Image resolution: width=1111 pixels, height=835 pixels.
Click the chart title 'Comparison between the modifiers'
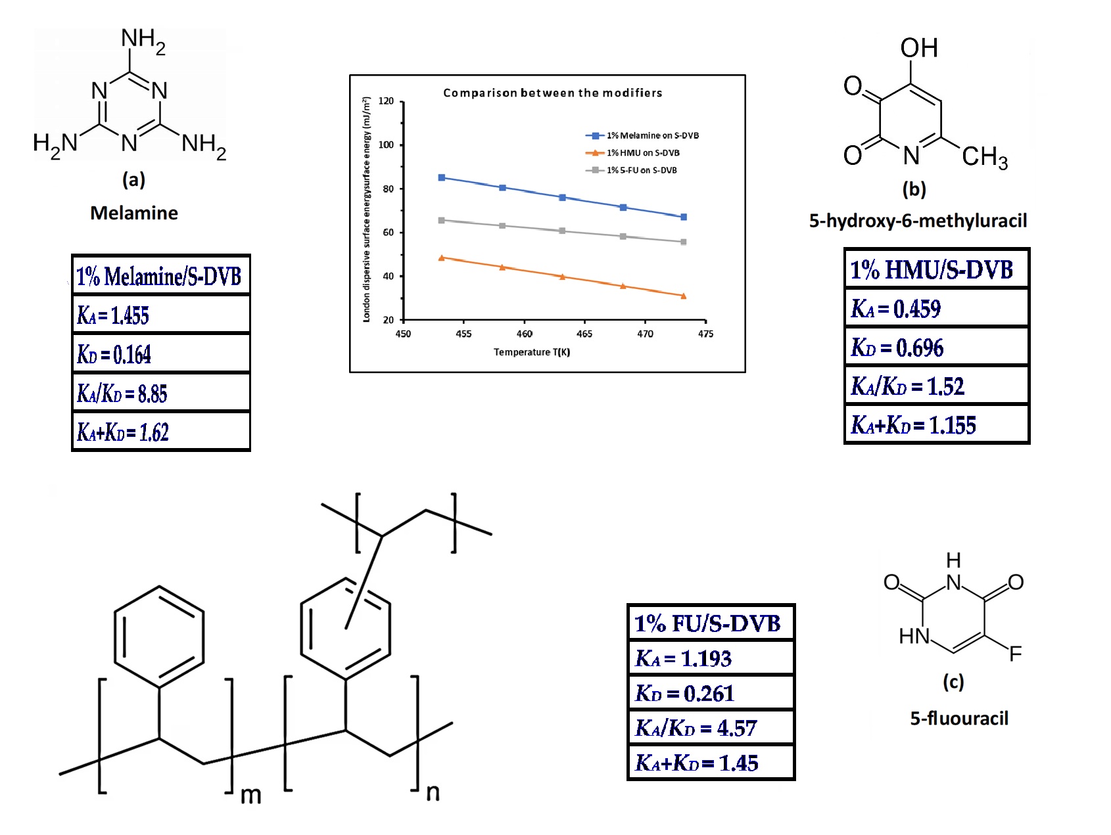tap(552, 93)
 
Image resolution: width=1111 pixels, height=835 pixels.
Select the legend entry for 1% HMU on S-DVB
tap(642, 153)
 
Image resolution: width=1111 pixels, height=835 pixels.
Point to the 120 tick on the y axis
tap(387, 101)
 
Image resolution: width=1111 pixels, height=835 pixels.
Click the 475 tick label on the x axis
tap(705, 334)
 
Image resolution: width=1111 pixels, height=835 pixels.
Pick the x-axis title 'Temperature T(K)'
tap(532, 352)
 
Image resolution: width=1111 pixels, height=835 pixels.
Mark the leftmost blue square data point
tap(442, 178)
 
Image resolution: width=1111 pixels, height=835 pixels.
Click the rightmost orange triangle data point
tap(684, 296)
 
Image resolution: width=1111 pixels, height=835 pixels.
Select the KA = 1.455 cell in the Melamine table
tap(160, 315)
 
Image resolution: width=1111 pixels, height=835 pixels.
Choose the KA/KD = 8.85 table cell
tap(160, 394)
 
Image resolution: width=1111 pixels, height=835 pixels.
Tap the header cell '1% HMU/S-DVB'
tap(936, 269)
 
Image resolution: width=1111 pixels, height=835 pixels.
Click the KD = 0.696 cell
tap(936, 347)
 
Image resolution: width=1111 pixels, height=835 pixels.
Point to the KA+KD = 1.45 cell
tap(711, 763)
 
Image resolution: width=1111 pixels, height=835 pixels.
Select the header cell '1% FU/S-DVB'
tap(711, 623)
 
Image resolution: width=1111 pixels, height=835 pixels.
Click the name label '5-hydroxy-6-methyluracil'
tap(918, 221)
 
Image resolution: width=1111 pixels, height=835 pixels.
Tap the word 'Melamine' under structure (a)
tap(134, 213)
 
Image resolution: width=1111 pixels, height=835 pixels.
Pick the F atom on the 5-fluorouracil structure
tap(1015, 654)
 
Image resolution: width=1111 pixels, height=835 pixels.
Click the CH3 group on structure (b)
tap(984, 158)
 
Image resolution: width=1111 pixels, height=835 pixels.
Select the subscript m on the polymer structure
tap(250, 796)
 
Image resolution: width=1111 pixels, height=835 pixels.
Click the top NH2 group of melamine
tap(143, 40)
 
